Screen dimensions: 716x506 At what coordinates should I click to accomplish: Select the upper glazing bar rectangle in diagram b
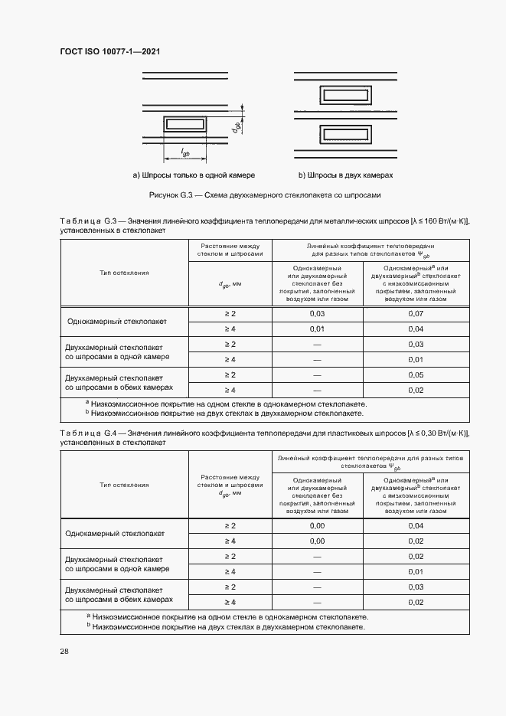[x=345, y=95]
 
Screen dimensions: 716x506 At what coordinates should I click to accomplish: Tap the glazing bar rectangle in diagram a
[x=185, y=123]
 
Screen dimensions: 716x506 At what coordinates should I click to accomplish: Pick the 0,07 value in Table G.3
[x=416, y=314]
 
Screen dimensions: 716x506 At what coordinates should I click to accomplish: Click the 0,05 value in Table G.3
[x=416, y=374]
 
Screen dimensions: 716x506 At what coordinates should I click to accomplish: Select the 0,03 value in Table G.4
[x=416, y=587]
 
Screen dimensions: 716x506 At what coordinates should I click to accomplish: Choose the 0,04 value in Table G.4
[x=416, y=525]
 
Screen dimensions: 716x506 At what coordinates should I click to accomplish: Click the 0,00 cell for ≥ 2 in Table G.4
[x=317, y=525]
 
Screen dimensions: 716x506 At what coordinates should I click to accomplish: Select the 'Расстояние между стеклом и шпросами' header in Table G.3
[x=230, y=250]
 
